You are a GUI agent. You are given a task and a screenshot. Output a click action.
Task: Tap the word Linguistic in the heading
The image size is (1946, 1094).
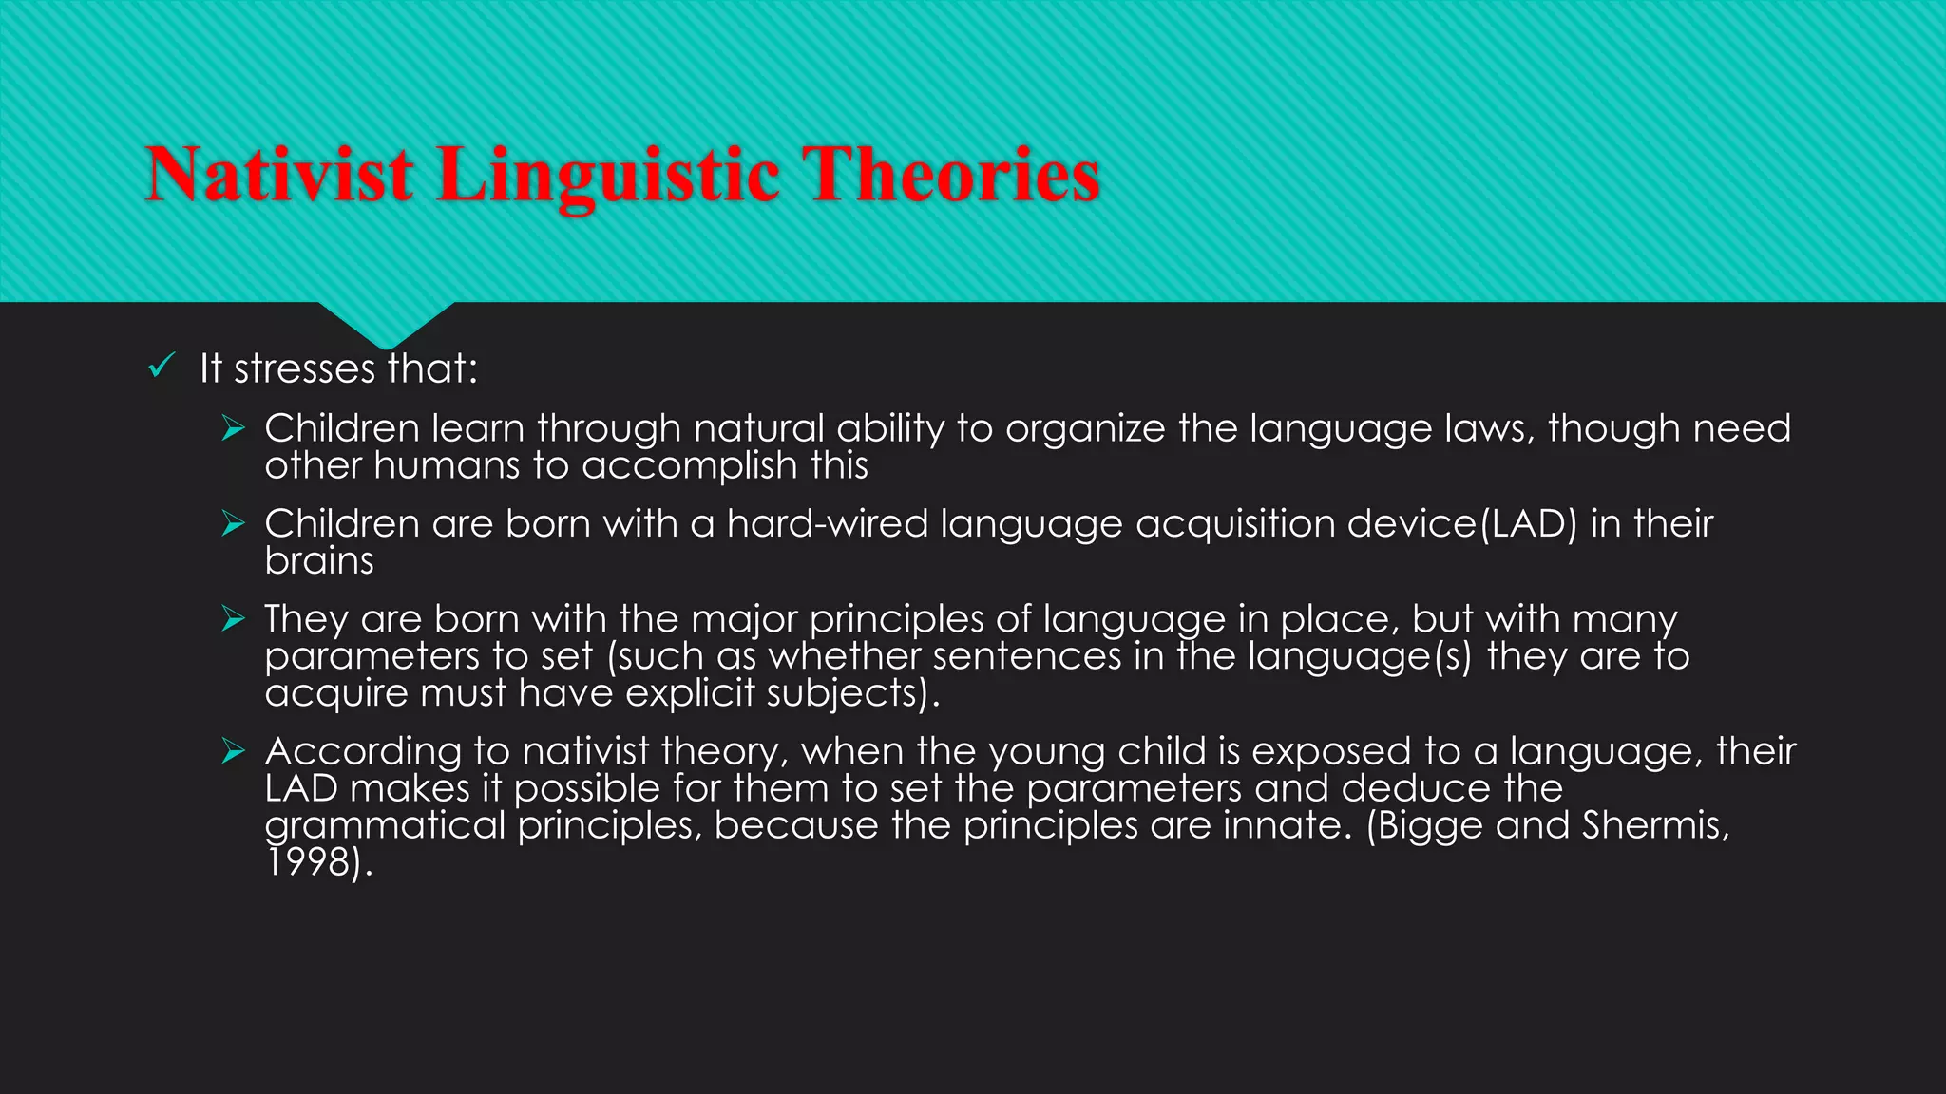click(608, 177)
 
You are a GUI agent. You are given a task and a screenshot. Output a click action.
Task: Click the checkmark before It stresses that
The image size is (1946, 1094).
click(161, 367)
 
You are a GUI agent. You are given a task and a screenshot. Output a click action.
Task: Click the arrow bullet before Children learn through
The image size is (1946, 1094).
click(233, 428)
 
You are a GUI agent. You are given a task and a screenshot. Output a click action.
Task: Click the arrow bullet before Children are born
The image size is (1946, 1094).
click(233, 523)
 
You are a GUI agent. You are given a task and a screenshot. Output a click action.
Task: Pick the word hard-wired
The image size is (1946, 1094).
click(827, 523)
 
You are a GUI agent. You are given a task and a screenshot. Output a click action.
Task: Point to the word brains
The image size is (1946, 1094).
click(319, 560)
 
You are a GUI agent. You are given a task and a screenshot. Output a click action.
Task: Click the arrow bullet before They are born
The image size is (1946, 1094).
click(233, 619)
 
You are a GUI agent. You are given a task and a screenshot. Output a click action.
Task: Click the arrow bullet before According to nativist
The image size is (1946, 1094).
click(233, 751)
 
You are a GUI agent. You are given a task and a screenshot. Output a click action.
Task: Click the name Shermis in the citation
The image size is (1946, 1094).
click(1653, 825)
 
